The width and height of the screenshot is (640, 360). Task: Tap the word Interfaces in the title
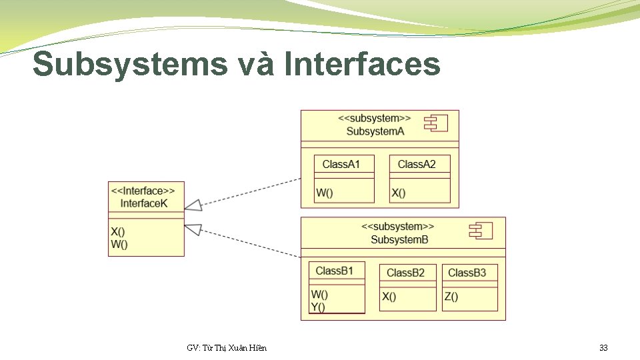coord(362,65)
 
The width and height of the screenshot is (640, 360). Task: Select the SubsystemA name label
coord(375,131)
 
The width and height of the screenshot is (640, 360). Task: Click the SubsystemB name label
coord(399,239)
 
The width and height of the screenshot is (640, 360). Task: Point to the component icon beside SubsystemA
coord(437,123)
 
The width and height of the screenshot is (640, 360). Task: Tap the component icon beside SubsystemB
coord(481,231)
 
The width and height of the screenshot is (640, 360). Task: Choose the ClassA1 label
coord(341,164)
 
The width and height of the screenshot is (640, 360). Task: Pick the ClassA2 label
coord(417,164)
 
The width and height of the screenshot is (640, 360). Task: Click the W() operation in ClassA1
coord(325,193)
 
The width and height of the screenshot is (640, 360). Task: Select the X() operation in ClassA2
coord(399,193)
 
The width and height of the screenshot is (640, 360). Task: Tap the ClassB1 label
coord(334,271)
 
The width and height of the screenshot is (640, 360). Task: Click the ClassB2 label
coord(405,273)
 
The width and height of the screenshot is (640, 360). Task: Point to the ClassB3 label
coord(467,273)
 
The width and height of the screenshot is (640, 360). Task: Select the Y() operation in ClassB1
coord(318,307)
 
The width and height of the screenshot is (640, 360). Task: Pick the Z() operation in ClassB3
coord(451,297)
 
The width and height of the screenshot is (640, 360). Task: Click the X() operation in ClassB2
coord(389,297)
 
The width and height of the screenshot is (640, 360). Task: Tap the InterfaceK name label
coord(144,203)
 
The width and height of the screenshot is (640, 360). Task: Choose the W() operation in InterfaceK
coord(119,244)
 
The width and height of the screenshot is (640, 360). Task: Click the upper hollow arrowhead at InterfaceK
coord(193,204)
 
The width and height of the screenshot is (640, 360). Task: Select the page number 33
coord(603,348)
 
